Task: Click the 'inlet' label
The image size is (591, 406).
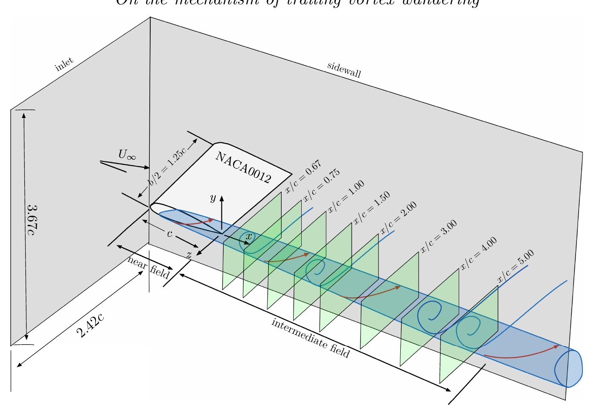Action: [x=64, y=64]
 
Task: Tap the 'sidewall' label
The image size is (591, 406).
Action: [x=344, y=70]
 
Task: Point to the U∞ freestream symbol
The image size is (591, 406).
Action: [x=127, y=155]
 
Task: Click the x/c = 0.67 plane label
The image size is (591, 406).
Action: [x=303, y=177]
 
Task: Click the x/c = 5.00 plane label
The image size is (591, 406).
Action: [x=515, y=266]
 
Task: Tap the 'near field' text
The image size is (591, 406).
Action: [x=148, y=267]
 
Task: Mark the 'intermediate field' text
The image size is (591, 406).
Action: [x=311, y=339]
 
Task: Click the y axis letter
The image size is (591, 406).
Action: [x=213, y=198]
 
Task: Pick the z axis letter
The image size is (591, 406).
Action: [x=189, y=254]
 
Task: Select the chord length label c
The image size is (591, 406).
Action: [x=169, y=234]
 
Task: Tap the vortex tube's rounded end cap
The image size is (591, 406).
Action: [x=568, y=368]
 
